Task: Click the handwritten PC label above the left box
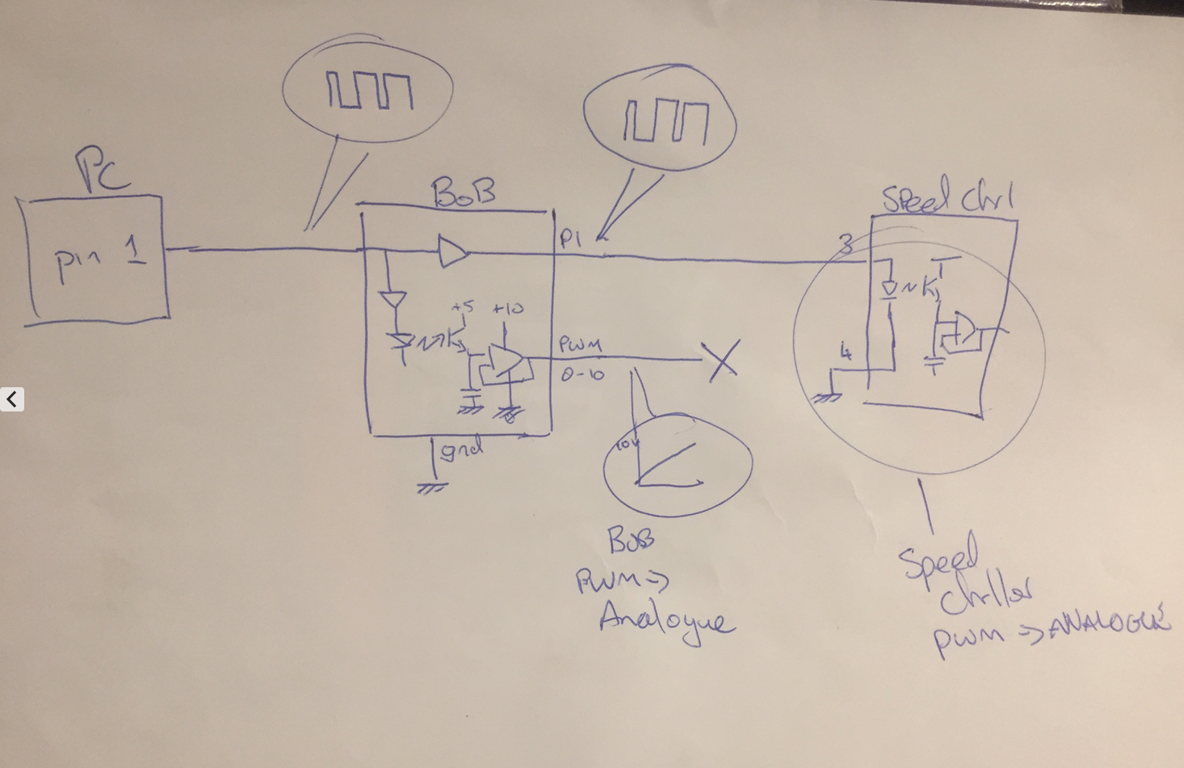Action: (102, 170)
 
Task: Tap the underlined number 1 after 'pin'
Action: (135, 254)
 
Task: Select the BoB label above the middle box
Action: (463, 193)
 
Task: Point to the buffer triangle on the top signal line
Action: (453, 251)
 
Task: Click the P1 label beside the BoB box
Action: (570, 238)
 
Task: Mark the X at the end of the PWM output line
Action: (721, 360)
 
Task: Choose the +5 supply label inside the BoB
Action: (464, 307)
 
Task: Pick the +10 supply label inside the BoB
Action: (508, 308)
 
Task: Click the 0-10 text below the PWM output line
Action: (582, 375)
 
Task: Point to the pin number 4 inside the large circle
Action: (846, 352)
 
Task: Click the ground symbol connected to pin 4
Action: (827, 396)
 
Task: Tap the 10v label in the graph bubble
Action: (627, 444)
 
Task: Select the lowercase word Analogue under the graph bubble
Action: (666, 620)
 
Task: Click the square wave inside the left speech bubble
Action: (370, 91)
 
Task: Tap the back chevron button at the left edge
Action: (12, 399)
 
